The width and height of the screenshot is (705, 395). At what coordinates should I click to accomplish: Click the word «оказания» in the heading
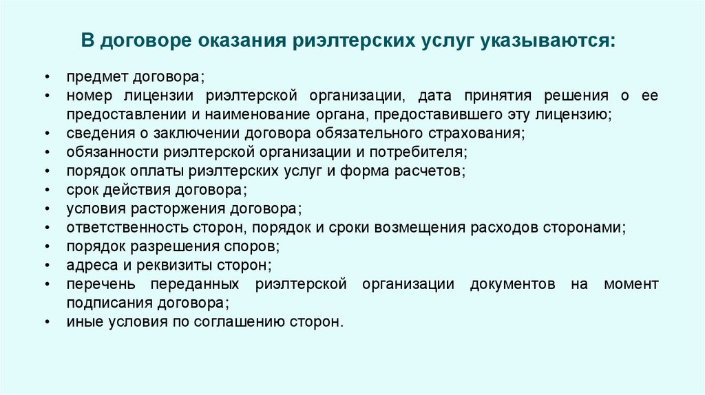pyautogui.click(x=231, y=40)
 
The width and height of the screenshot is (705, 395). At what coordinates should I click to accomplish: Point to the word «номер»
pyautogui.click(x=87, y=95)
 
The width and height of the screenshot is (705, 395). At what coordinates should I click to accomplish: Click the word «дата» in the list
pyautogui.click(x=434, y=95)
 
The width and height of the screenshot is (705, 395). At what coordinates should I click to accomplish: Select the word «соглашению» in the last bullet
pyautogui.click(x=238, y=321)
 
